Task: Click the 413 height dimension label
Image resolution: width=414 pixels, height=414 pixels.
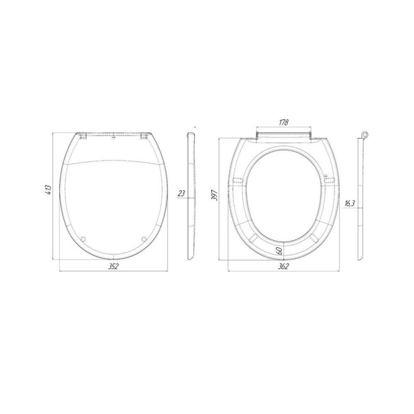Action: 48,190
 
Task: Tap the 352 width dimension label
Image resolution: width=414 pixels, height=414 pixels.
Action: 113,267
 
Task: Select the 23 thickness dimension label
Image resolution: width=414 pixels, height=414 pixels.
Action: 182,193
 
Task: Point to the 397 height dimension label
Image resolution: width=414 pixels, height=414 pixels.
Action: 214,196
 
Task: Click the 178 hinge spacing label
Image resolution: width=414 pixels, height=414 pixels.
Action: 284,122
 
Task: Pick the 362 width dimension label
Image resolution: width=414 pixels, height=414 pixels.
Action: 284,267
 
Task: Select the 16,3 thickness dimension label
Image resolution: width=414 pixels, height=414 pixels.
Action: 349,203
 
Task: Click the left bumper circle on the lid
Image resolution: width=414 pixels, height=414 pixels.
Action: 83,239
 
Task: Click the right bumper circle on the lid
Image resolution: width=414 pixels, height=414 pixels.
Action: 144,239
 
